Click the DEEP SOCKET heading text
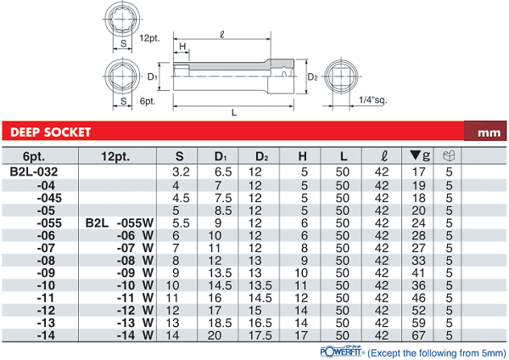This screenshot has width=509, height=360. click(x=50, y=132)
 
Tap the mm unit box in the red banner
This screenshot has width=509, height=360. click(x=485, y=131)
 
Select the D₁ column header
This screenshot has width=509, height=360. click(x=221, y=156)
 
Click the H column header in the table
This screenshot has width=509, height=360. click(x=302, y=156)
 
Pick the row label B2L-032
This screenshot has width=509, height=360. click(x=34, y=172)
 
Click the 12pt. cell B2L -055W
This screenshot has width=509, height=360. click(x=120, y=223)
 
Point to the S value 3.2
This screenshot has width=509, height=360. click(x=181, y=172)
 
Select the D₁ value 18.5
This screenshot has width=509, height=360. click(x=220, y=323)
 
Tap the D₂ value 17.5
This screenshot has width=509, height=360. click(x=260, y=335)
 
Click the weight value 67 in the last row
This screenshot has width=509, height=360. click(x=418, y=335)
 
